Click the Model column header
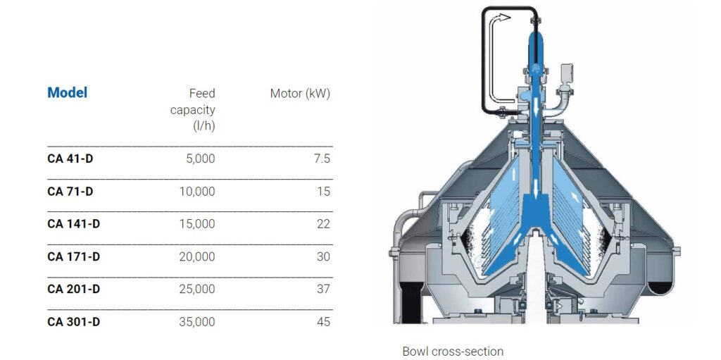68,92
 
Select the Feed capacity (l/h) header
193,109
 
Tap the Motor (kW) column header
300,93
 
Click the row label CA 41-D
70,159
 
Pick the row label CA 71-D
70,191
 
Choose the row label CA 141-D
73,224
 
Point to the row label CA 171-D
73,256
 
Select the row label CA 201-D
73,289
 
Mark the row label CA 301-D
73,322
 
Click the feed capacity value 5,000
200,159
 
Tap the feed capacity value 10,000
197,191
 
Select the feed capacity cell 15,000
197,224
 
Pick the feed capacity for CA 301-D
197,322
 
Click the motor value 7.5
321,159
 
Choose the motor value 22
323,224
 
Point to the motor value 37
323,289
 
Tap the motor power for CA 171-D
323,256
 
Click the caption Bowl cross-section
453,351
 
